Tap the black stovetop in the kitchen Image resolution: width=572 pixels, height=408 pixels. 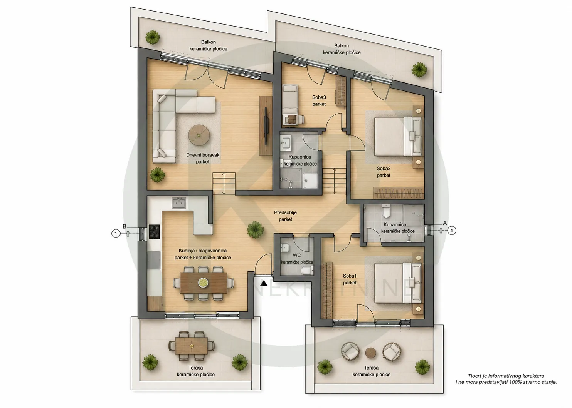click(x=154, y=232)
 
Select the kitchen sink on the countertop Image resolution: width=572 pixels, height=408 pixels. click(x=179, y=203)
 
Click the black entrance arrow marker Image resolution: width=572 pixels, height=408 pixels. click(x=264, y=283)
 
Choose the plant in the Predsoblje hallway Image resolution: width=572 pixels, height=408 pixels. click(x=255, y=229)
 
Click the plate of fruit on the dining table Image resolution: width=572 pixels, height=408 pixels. click(x=203, y=282)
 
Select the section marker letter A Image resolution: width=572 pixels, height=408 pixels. click(x=445, y=223)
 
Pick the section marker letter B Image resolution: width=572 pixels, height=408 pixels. click(x=124, y=226)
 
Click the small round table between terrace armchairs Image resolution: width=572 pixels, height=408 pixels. click(x=371, y=353)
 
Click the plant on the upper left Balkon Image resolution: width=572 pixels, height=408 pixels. click(x=153, y=37)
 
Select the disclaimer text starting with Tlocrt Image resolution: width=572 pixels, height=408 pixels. click(x=506, y=379)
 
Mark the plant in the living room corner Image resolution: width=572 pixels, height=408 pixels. click(x=157, y=175)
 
